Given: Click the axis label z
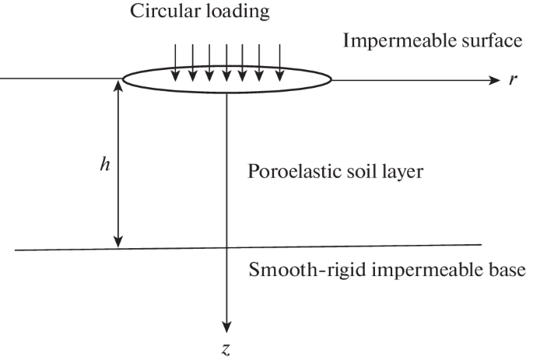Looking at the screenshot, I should click(x=226, y=349).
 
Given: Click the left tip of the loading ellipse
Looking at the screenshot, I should click(x=122, y=79).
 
